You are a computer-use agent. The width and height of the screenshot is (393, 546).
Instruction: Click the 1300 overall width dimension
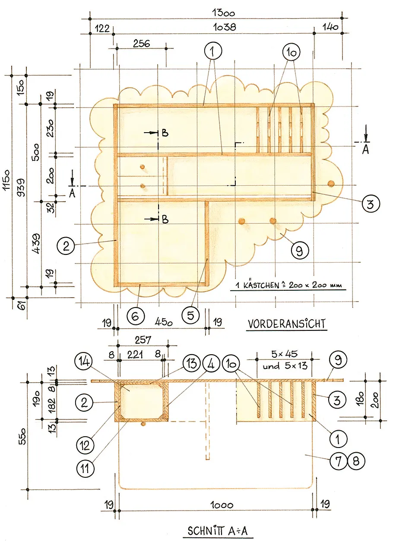[223, 13]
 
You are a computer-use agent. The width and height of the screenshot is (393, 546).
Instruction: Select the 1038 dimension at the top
[225, 27]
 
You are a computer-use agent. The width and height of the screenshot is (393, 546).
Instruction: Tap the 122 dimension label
[102, 29]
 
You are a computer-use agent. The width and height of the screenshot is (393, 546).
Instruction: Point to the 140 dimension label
[331, 27]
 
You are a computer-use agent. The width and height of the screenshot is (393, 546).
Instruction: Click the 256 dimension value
[141, 44]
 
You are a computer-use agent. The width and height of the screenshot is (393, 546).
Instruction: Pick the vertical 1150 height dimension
[6, 180]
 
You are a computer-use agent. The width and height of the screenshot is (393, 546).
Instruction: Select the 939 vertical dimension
[22, 187]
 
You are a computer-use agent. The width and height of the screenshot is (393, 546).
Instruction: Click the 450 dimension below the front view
[164, 322]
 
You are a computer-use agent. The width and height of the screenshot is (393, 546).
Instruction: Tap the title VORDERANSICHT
[286, 324]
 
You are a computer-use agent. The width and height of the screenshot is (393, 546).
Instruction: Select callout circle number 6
[135, 316]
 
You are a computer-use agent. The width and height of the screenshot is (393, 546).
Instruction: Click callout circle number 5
[190, 315]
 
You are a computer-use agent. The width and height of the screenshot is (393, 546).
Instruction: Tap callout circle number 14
[83, 362]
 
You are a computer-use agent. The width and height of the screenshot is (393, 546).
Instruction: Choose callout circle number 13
[192, 363]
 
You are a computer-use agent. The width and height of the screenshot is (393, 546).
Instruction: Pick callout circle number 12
[85, 445]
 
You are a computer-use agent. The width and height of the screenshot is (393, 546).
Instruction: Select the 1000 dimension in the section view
[222, 505]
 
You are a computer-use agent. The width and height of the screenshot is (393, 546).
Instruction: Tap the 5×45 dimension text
[285, 354]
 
